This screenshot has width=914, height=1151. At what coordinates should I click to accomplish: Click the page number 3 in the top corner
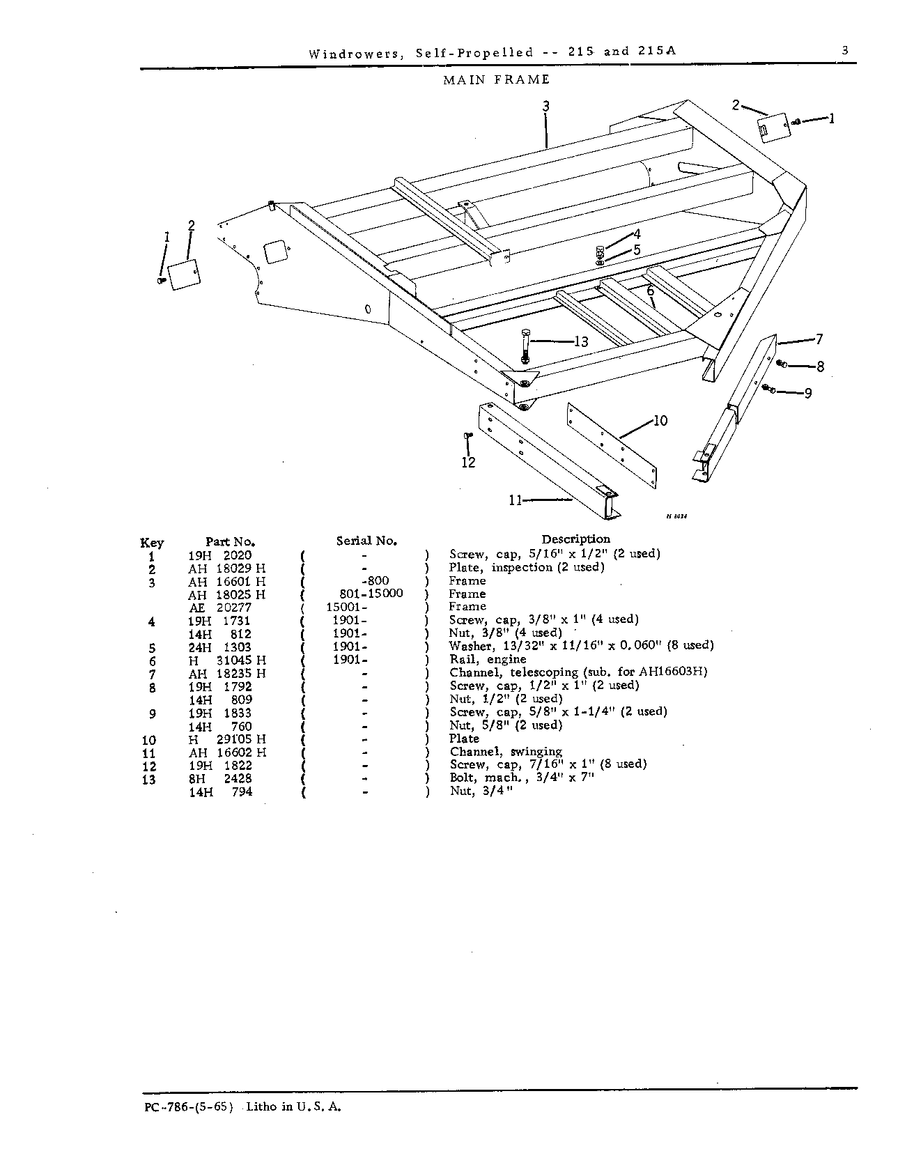point(844,50)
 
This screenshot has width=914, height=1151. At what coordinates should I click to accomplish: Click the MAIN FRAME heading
point(497,79)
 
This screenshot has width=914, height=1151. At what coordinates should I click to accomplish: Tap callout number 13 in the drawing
point(580,341)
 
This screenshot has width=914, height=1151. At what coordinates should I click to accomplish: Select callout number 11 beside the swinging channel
point(515,500)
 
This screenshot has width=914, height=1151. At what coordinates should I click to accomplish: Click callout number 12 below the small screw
point(468,462)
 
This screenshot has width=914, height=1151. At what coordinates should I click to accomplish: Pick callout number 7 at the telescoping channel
point(819,339)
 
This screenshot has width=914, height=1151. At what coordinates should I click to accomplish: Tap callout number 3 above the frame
point(546,106)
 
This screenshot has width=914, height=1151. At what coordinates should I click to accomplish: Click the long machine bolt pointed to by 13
point(525,348)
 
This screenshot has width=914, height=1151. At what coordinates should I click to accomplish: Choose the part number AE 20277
point(220,607)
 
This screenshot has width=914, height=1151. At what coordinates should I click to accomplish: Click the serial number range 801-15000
point(366,594)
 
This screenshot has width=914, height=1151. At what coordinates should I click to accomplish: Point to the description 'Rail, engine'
point(488,660)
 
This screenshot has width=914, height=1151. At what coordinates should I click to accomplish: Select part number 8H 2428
point(220,778)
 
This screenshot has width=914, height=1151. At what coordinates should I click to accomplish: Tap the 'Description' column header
point(575,539)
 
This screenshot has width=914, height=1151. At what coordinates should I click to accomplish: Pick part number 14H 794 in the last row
point(220,791)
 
